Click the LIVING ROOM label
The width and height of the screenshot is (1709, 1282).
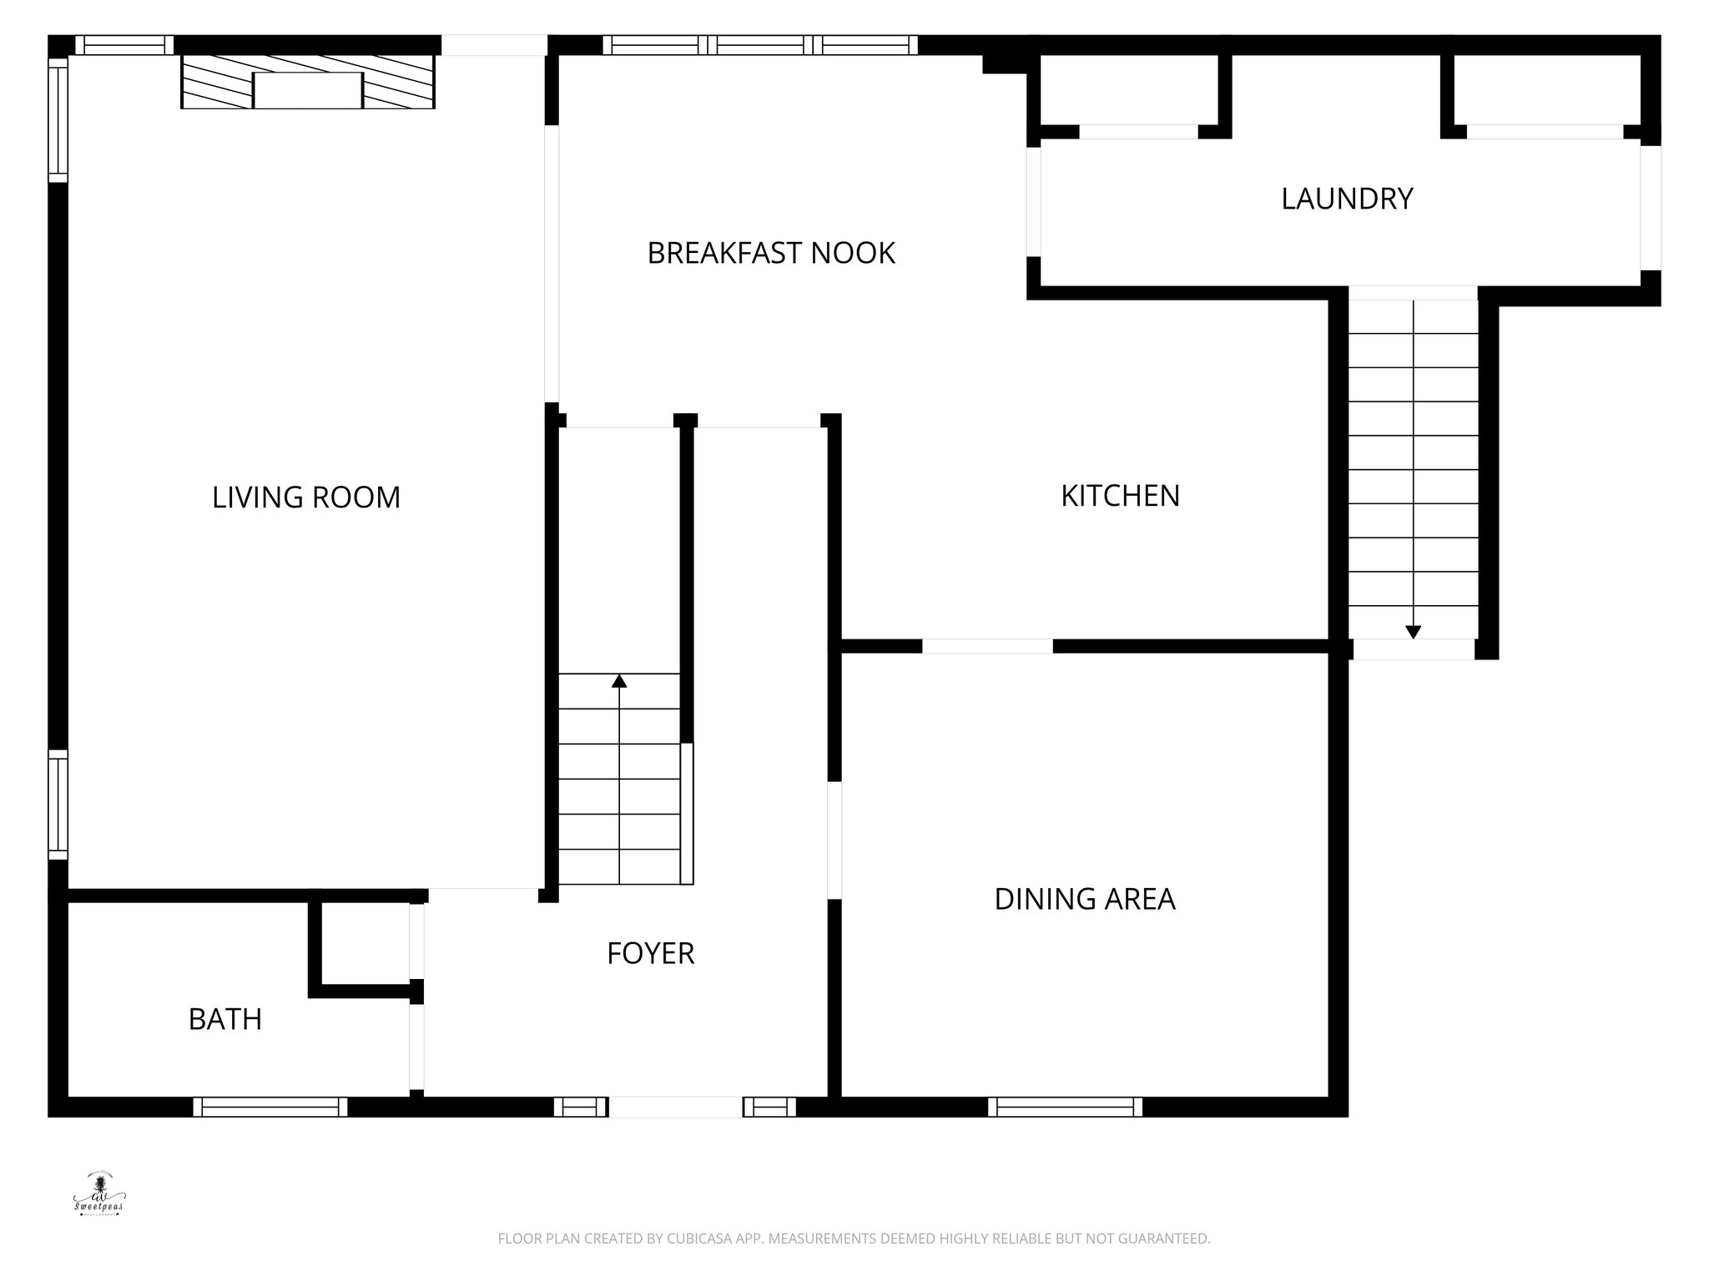coord(306,497)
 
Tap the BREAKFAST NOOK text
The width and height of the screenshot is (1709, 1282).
coord(771,253)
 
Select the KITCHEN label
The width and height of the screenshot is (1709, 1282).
coord(1120,496)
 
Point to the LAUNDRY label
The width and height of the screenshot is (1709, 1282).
coord(1347,199)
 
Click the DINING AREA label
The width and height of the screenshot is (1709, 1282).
coord(1085,899)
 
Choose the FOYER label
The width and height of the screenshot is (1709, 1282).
coord(650,953)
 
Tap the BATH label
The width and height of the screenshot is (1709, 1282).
coord(225,1019)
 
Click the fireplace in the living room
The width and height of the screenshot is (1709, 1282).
coord(308,82)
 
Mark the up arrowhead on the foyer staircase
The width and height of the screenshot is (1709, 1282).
coord(619,681)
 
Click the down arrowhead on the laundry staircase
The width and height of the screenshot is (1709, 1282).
coord(1413,632)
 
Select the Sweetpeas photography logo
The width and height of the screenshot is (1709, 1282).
coord(98,1194)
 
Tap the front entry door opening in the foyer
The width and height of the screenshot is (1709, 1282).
coord(675,1107)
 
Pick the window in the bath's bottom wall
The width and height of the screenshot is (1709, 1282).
coord(270,1107)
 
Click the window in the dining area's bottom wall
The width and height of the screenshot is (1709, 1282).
coord(1066,1107)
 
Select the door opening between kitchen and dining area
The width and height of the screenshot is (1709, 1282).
coord(987,646)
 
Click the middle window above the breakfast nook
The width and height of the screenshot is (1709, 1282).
coord(760,45)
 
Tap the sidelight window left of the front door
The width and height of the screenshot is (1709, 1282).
coord(581,1107)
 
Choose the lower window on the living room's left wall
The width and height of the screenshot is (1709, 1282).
coord(58,804)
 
